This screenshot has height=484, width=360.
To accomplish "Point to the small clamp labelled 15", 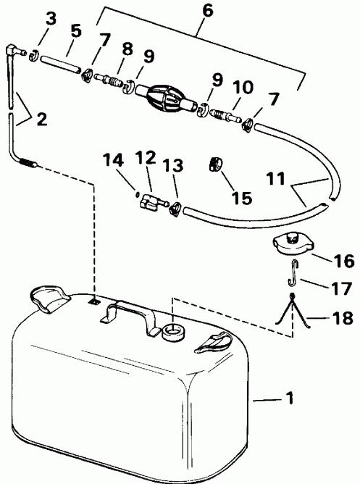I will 214,165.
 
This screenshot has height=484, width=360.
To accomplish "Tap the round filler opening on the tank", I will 175,332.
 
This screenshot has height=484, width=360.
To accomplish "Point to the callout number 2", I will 41,118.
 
